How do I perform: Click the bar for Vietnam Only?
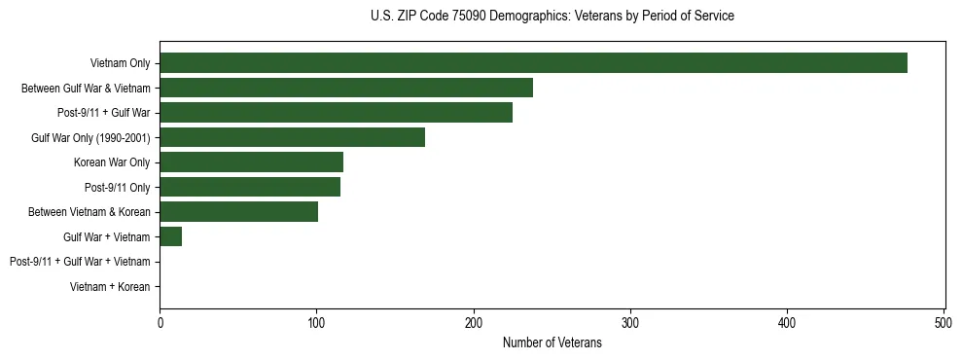533,63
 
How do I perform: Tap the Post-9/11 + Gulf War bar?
336,113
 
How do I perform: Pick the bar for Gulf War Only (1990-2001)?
292,137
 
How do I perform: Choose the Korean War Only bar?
251,162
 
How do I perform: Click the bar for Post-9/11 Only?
250,187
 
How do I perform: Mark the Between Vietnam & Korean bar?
238,212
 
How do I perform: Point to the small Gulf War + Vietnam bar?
171,236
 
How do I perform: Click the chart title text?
552,17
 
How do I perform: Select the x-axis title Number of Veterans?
552,342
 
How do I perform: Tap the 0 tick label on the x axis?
160,322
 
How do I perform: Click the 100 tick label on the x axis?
316,322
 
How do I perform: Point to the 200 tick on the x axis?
474,322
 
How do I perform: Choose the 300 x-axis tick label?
630,322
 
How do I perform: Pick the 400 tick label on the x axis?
787,322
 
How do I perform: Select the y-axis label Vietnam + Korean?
110,287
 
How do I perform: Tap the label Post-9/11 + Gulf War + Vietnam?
80,262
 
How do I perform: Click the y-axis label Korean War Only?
112,162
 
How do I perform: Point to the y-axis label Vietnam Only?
120,63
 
